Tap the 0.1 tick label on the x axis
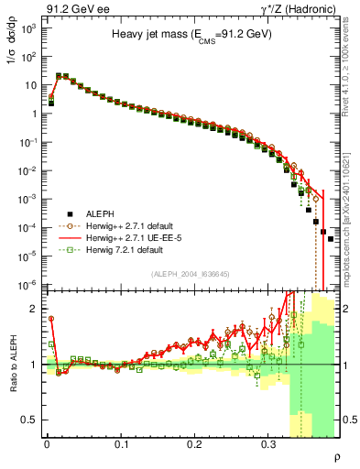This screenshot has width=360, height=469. pos(121,442)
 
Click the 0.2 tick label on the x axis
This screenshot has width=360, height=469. pos(194,442)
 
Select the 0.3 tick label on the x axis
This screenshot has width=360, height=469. pos(268,442)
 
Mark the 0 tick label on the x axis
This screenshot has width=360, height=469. pos(47,442)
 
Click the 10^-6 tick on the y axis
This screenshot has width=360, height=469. pos(28,285)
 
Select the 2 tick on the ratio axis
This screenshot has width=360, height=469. pos(35,309)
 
